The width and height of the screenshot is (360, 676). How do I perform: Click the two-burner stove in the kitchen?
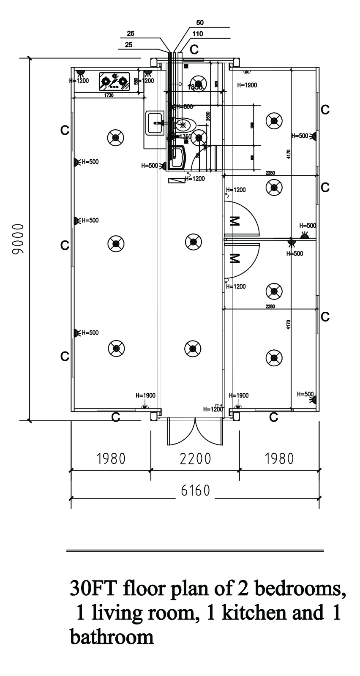[x=114, y=81]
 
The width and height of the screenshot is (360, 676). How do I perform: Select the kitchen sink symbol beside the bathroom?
[x=155, y=123]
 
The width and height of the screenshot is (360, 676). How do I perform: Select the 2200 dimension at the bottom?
[x=195, y=458]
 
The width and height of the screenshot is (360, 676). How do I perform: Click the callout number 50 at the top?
[x=200, y=22]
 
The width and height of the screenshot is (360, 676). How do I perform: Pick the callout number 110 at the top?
[x=197, y=34]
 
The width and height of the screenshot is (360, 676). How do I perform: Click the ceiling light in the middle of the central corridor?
[x=193, y=242]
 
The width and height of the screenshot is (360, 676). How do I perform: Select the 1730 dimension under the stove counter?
[x=109, y=96]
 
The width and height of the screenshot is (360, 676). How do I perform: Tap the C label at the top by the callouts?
[x=194, y=49]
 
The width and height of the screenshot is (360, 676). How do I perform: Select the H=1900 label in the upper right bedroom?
[x=247, y=85]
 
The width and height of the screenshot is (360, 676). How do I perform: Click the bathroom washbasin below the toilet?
[x=178, y=156]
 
